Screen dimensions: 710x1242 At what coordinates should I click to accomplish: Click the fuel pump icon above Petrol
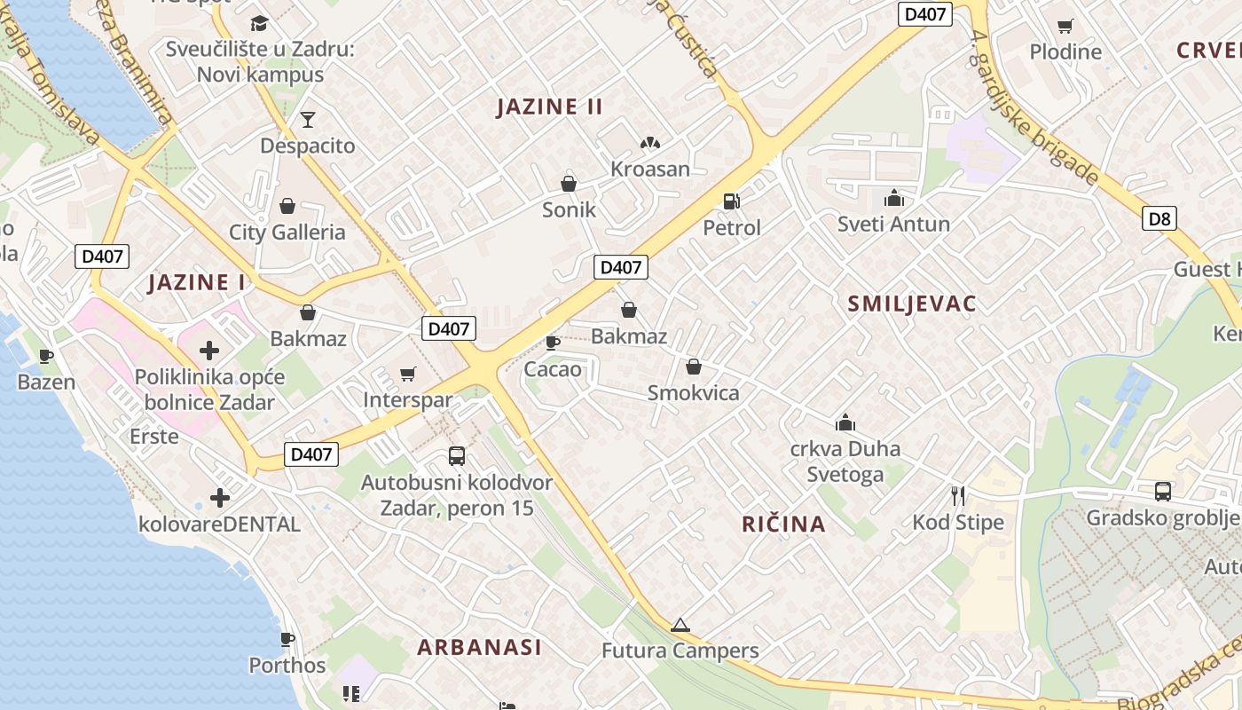click(x=731, y=201)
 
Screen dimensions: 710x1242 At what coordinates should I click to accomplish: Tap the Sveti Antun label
click(x=893, y=225)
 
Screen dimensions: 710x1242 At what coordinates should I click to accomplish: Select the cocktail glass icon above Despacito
click(x=308, y=119)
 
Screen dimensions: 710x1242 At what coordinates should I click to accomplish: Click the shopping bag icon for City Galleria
click(x=287, y=207)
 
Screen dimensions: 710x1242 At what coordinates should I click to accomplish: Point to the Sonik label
click(x=569, y=210)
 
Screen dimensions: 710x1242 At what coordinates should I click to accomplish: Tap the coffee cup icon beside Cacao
click(x=552, y=343)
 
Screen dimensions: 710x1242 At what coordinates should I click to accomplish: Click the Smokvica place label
click(x=693, y=393)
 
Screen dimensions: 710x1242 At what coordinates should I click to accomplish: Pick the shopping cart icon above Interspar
click(x=407, y=375)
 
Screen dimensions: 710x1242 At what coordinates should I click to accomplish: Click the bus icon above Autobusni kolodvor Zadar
click(x=457, y=456)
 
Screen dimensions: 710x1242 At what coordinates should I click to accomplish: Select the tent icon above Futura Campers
click(x=680, y=625)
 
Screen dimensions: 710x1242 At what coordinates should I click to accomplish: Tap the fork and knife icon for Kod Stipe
click(x=958, y=495)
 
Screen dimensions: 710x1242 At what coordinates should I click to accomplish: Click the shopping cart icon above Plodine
click(x=1065, y=26)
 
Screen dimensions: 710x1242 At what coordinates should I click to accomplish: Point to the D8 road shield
click(x=1159, y=218)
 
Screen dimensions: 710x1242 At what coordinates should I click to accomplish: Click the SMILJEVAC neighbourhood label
click(x=911, y=304)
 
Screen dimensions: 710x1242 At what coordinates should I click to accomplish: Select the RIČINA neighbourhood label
click(x=783, y=525)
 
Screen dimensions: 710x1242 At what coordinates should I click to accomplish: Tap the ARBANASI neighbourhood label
click(x=479, y=647)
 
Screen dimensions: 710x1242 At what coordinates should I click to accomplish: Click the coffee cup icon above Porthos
click(x=287, y=639)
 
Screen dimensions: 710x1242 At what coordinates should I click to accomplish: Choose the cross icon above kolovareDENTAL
click(x=220, y=498)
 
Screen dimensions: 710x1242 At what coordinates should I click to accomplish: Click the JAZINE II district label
click(x=549, y=107)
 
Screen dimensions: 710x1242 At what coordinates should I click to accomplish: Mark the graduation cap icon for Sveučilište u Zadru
click(x=259, y=23)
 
